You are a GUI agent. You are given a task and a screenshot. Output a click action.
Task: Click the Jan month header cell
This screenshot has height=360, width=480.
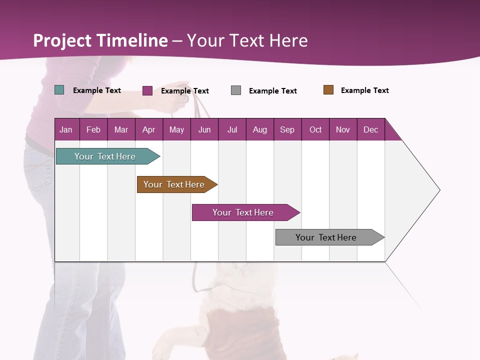coord(66,129)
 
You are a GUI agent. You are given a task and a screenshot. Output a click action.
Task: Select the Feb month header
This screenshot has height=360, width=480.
coord(93,129)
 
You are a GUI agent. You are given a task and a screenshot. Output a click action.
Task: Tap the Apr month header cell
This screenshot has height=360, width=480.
coord(149,129)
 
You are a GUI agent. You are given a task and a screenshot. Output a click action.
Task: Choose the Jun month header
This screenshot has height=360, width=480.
coord(204,129)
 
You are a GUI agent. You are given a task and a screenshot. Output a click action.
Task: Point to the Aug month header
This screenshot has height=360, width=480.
coord(260,129)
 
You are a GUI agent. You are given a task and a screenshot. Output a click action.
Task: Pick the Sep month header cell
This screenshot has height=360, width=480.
coord(287,129)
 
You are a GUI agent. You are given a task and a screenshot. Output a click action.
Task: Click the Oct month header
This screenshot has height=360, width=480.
coord(315,129)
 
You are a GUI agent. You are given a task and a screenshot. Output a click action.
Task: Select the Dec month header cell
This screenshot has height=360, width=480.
coord(371,129)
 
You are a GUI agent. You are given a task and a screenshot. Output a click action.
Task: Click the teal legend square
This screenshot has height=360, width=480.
coord(59,90)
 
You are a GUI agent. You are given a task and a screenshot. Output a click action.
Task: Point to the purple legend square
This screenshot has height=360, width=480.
coord(147,90)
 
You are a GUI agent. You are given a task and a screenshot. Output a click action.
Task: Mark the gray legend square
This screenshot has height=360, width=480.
coord(236,90)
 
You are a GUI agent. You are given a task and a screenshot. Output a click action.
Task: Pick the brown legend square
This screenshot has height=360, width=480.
coord(328,90)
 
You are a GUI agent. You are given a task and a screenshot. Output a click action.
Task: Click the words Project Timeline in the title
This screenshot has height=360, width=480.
coord(100,40)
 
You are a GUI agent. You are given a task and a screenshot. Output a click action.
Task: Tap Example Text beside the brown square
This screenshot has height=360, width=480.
coord(364,90)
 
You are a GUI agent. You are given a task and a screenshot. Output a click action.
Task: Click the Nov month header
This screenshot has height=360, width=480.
coord(343,129)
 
